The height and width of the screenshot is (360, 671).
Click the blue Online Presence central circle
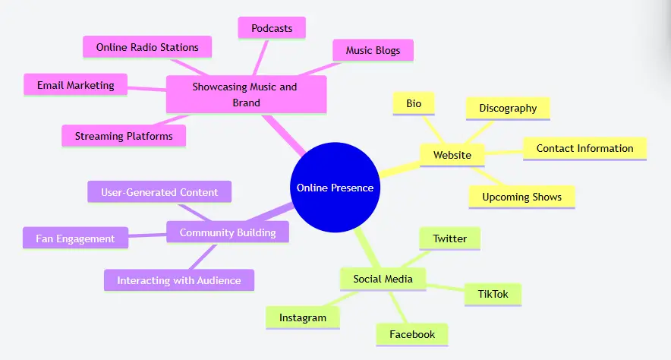pos(335,188)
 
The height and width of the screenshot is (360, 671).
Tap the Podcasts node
pos(272,28)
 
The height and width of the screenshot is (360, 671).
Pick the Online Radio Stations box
pos(147,47)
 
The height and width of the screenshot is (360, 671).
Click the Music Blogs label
pos(373,51)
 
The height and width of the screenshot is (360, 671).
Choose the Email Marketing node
pos(76,85)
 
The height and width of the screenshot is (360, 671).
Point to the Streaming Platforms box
pos(124,137)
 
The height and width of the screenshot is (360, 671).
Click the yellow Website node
pos(452,156)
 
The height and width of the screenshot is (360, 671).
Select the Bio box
pos(414,103)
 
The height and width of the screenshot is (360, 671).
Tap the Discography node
pos(508,109)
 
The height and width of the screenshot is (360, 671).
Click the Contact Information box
pos(584,149)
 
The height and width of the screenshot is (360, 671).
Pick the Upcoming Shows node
pos(522,197)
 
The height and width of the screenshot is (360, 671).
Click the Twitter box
pos(450,238)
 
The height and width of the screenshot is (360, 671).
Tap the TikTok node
pos(493,294)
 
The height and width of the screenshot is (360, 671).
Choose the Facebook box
pos(412,334)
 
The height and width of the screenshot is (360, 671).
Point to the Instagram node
pos(303,317)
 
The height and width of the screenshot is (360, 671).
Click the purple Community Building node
pos(228,232)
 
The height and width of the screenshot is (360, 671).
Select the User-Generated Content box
pos(159,192)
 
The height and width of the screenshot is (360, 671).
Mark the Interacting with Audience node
pos(179,280)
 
